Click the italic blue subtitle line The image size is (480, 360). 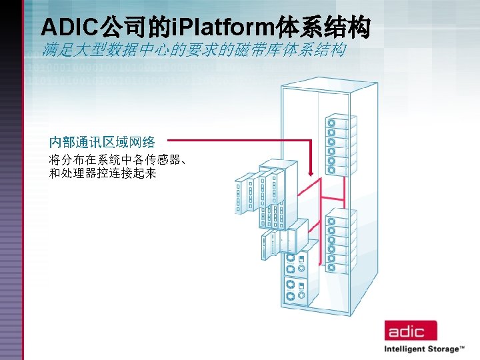[x=193, y=50]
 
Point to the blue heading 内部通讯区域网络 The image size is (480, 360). [x=102, y=141]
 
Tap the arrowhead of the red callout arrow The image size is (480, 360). [x=311, y=175]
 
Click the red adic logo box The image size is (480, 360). [x=410, y=331]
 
